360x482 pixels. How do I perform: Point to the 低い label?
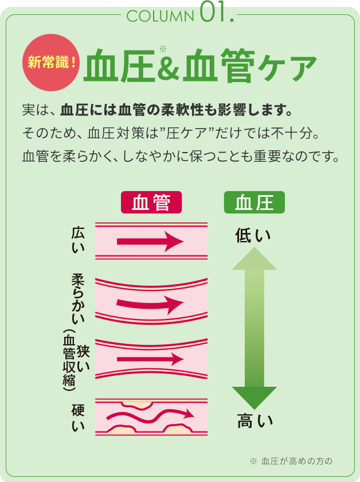pyautogui.click(x=253, y=236)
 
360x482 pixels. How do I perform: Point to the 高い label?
pyautogui.click(x=255, y=422)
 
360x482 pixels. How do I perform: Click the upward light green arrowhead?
pyautogui.click(x=254, y=259)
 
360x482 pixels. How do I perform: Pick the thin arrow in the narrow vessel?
pyautogui.click(x=149, y=359)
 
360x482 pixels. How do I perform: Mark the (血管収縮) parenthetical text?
pyautogui.click(x=69, y=361)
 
